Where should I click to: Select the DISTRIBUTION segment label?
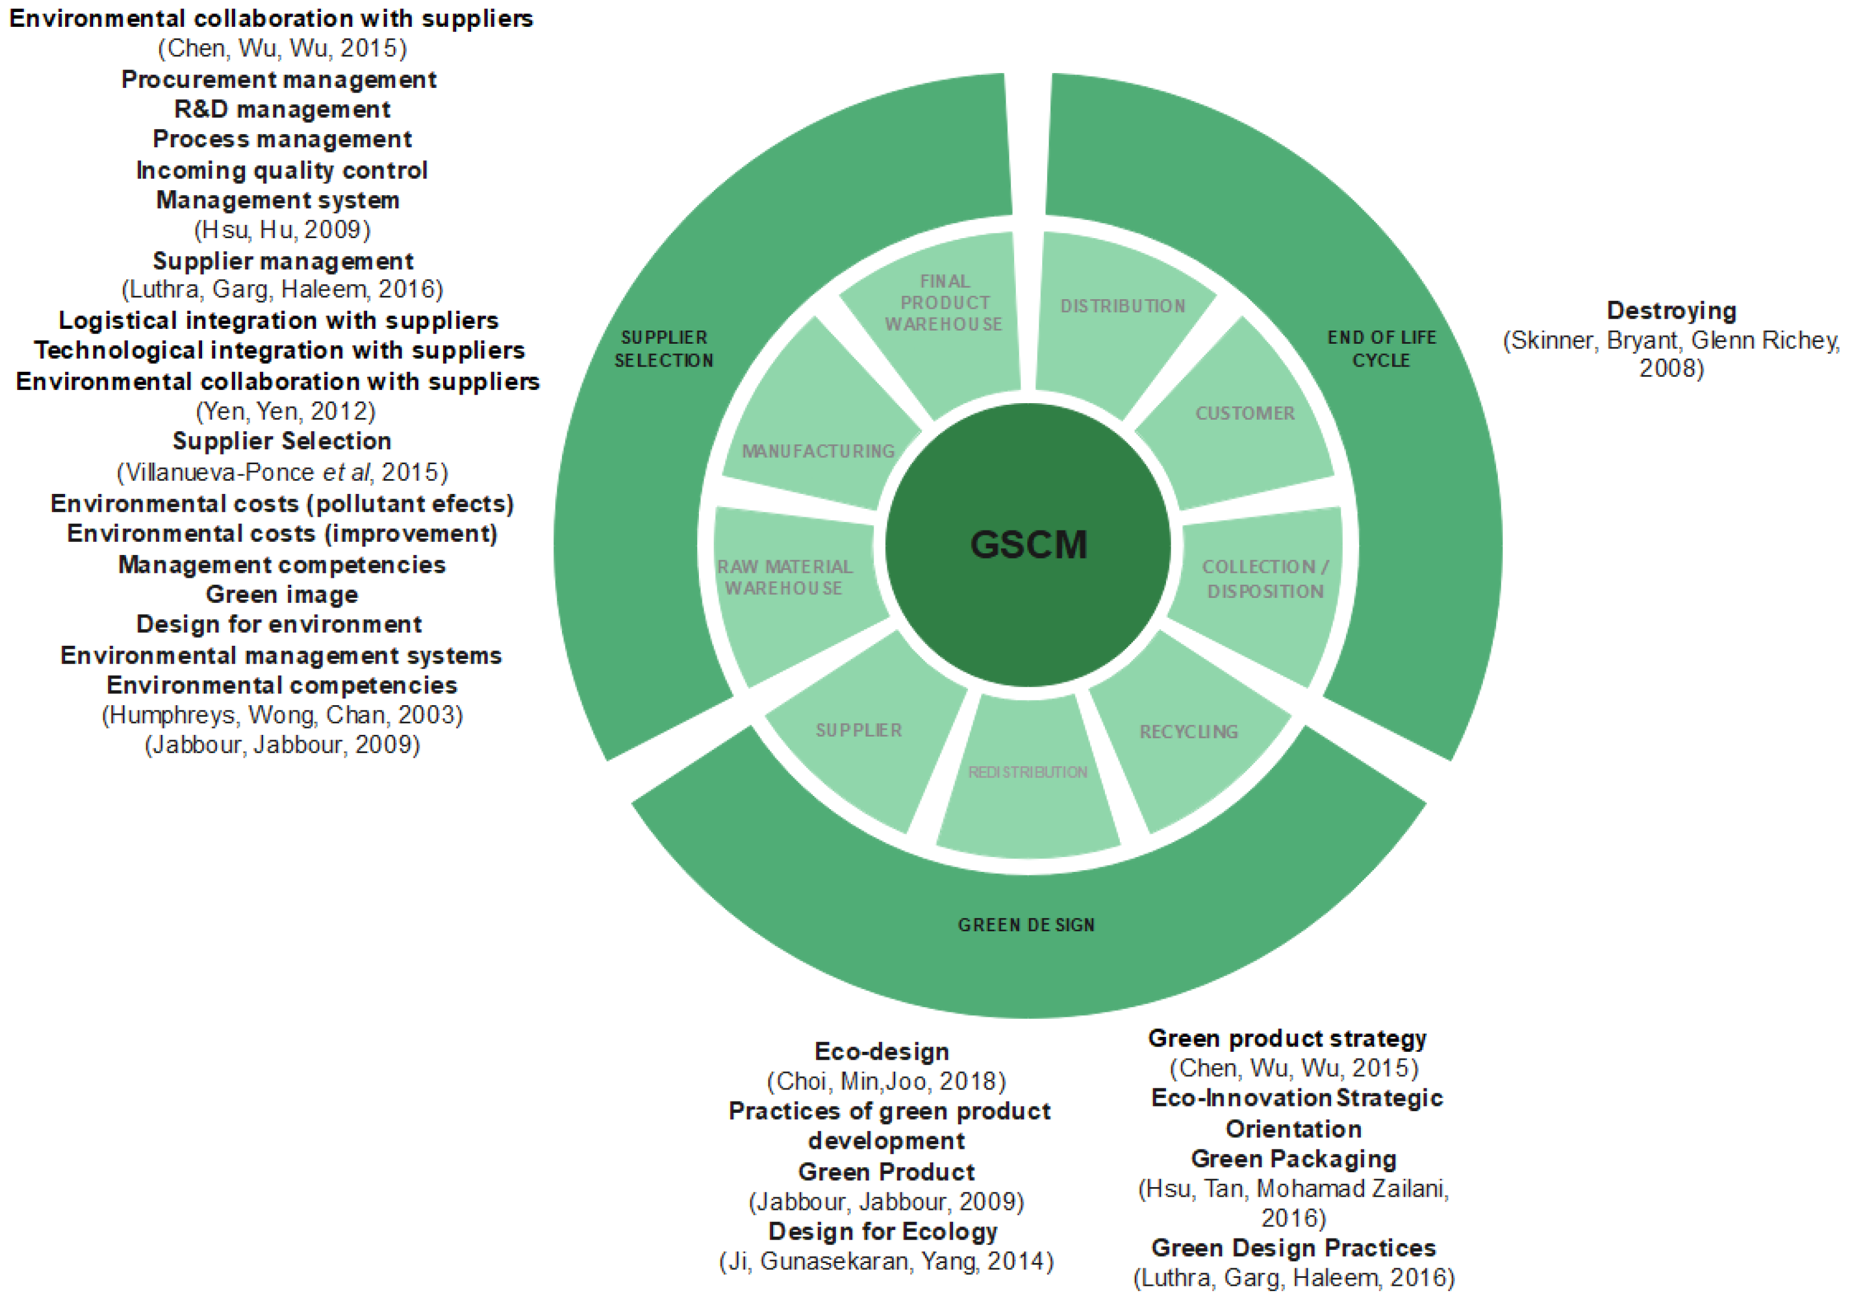pos(1123,307)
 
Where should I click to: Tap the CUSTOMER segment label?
pos(1245,414)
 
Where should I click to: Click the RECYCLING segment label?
pos(1189,732)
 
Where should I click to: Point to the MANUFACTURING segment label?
pos(818,452)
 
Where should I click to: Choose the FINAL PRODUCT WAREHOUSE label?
pos(944,303)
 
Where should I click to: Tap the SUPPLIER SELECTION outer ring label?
pos(664,349)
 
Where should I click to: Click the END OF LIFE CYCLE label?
pos(1382,349)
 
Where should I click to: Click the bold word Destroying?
pos(1671,311)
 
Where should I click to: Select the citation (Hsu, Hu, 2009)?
pos(282,230)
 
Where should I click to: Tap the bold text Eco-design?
pos(882,1052)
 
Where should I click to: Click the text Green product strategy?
pos(1287,1039)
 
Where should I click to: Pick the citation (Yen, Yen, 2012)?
pos(285,412)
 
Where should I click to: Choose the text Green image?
pos(282,595)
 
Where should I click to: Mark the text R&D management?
pos(282,110)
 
